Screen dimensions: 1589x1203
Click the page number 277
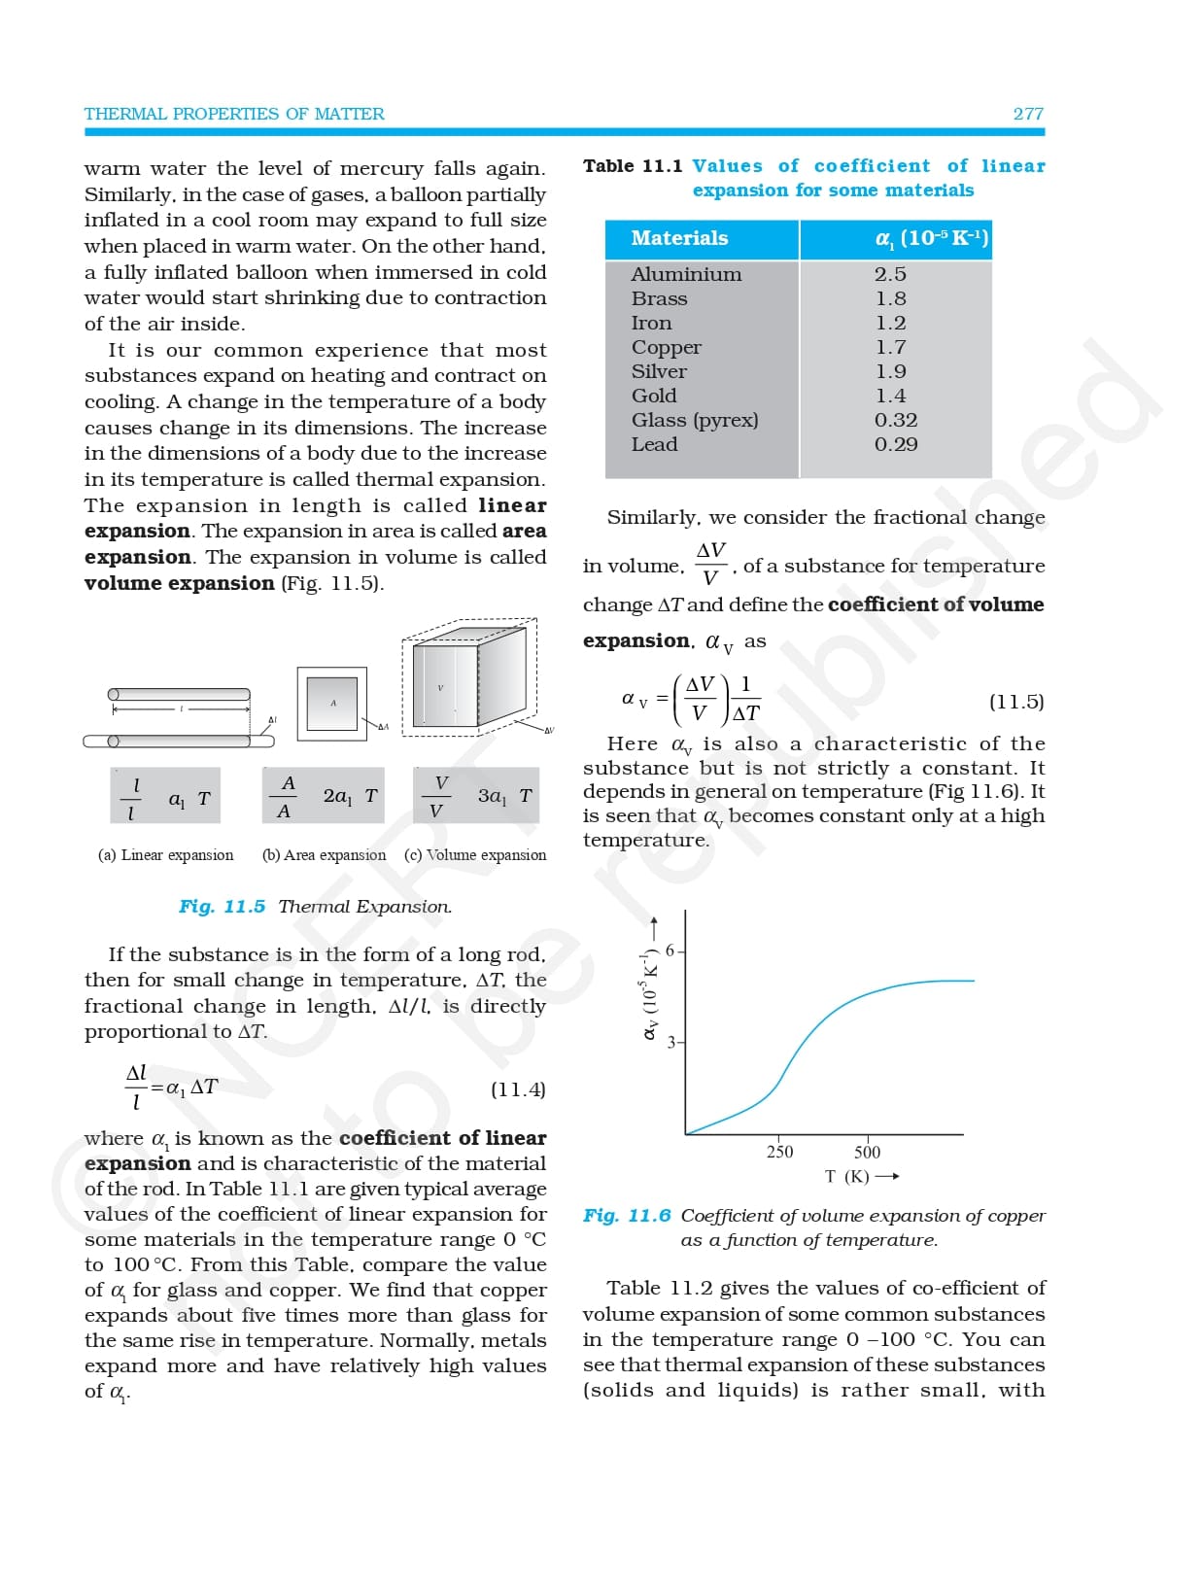(x=1027, y=114)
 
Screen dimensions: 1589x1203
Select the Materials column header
(x=679, y=238)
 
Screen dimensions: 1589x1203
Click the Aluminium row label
(x=686, y=274)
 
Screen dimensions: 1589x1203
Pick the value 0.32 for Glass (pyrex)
(x=895, y=420)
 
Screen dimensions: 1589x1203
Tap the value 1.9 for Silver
(x=890, y=371)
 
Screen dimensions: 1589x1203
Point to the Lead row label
(x=654, y=444)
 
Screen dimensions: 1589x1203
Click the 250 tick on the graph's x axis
(x=779, y=1152)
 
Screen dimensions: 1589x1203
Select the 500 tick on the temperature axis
(x=867, y=1152)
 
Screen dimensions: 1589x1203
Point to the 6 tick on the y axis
(x=670, y=950)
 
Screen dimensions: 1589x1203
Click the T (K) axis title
(x=847, y=1177)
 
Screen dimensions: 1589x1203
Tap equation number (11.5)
(x=1016, y=702)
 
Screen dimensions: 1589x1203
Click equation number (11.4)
(x=518, y=1089)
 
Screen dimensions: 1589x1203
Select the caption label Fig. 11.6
(x=627, y=1216)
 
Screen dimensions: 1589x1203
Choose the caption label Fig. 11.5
(x=222, y=907)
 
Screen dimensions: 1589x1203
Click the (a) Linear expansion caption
(x=166, y=855)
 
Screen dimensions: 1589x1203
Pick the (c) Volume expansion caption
(x=475, y=855)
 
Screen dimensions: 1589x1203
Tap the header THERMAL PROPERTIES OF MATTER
(x=234, y=114)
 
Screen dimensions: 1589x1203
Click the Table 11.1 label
(x=633, y=166)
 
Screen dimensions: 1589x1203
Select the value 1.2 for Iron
(x=890, y=323)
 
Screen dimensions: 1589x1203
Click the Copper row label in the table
(x=666, y=347)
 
